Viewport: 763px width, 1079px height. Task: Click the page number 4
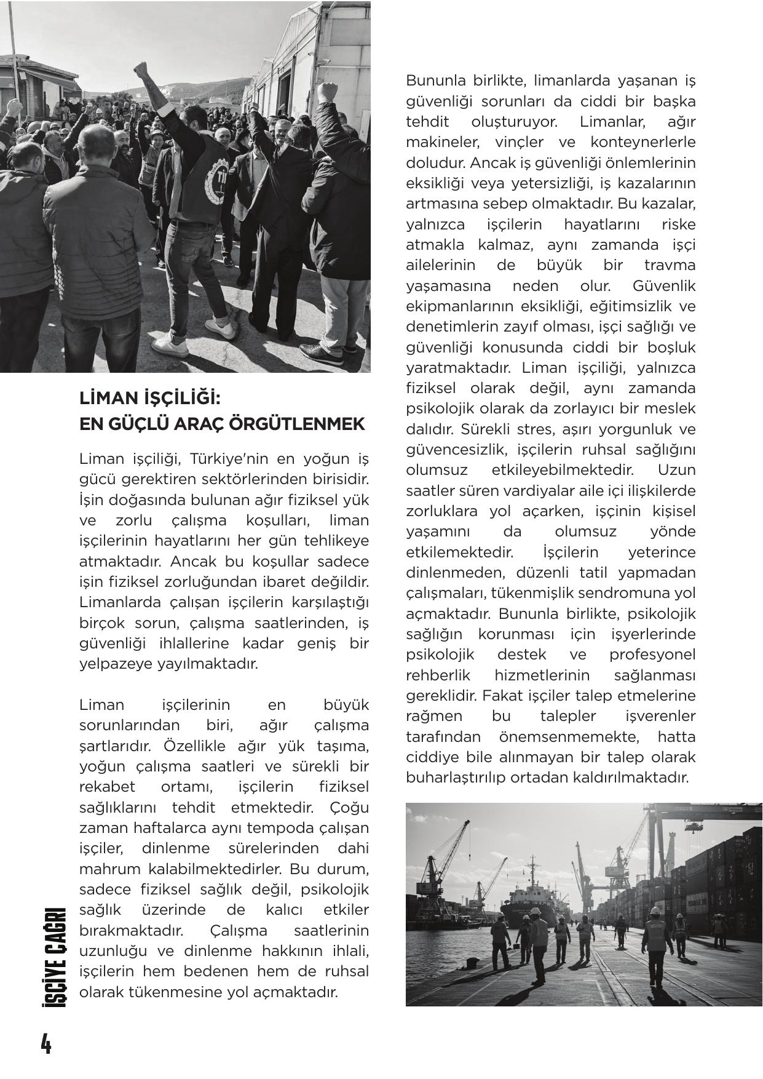coord(45,1043)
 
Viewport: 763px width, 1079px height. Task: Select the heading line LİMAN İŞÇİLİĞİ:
coord(149,398)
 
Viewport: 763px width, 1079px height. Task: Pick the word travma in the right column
coord(670,265)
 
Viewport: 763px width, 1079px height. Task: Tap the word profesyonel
coord(652,655)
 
